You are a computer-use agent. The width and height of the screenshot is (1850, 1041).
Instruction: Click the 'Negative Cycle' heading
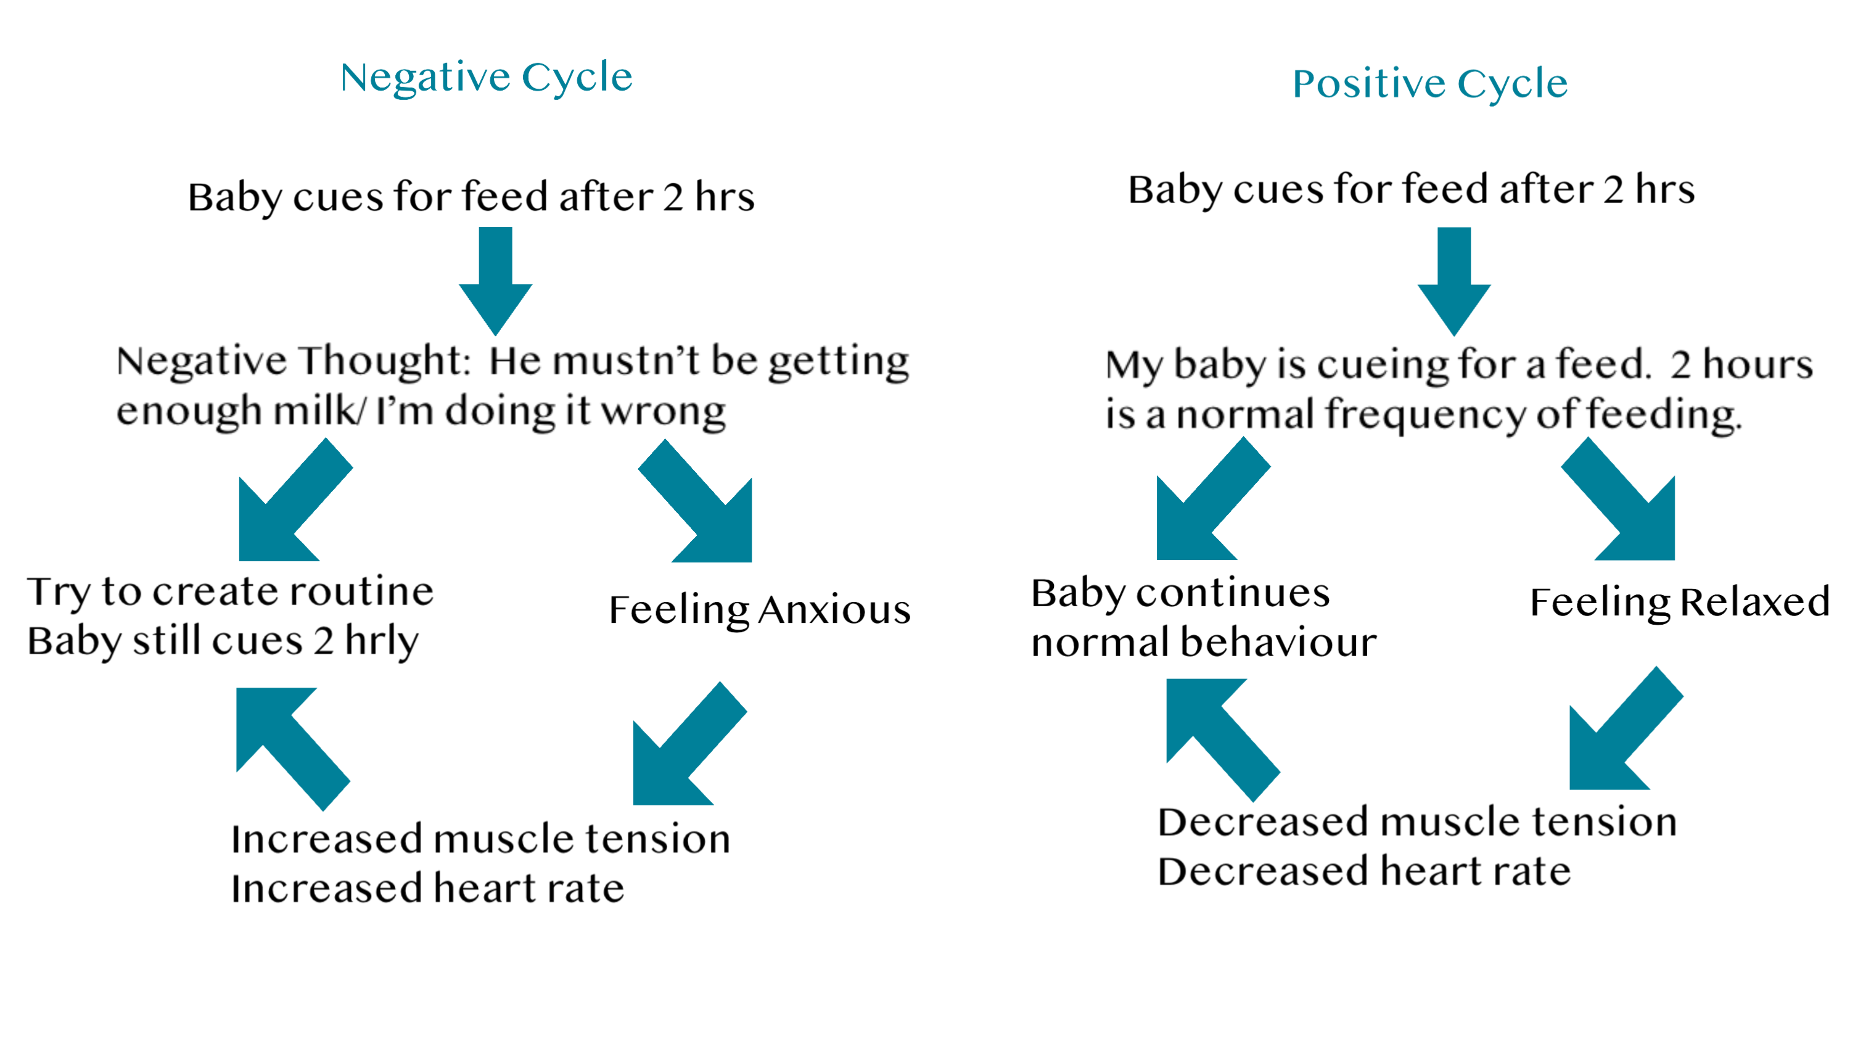point(486,78)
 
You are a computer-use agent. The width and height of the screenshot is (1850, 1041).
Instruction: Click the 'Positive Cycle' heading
point(1430,84)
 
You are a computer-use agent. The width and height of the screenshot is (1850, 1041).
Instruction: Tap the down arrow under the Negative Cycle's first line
point(496,281)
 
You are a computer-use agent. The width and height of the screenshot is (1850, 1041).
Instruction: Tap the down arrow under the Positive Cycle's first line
point(1453,281)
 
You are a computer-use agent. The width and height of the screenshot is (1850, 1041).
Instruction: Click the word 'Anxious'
point(834,611)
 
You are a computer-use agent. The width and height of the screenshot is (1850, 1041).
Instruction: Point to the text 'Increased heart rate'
point(427,888)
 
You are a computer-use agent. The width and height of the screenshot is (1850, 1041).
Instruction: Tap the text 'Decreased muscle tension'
point(1418,822)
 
